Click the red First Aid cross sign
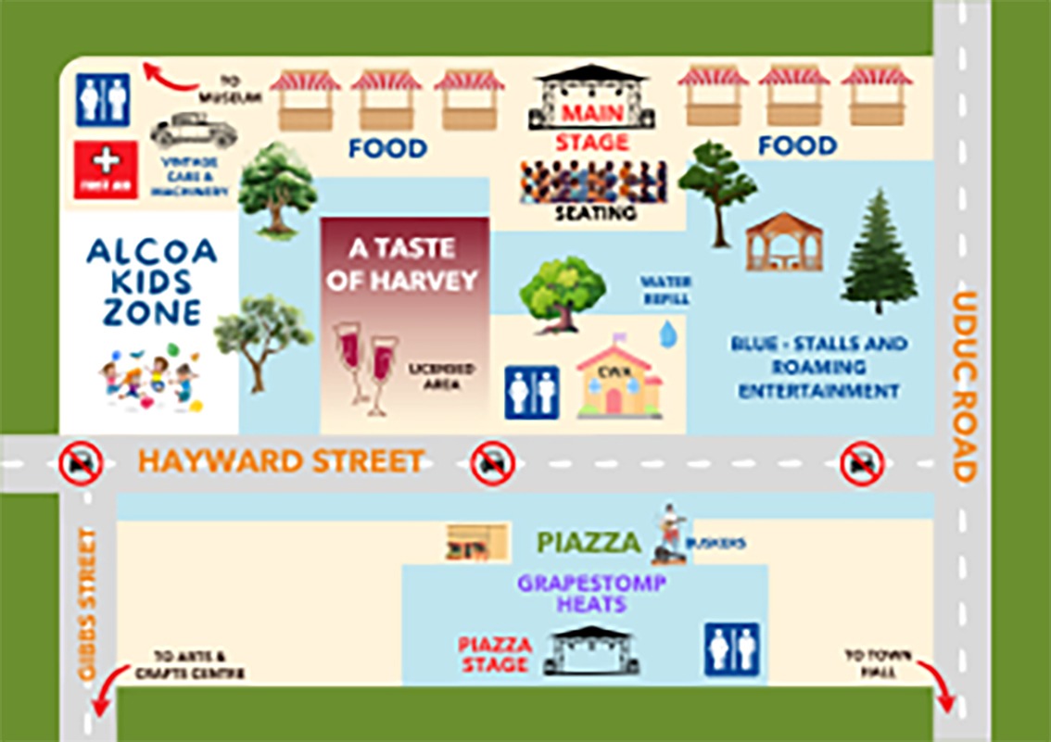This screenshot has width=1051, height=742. click(106, 169)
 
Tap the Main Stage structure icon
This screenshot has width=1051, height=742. click(591, 98)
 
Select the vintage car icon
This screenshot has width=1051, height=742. click(193, 132)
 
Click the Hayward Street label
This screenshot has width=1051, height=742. click(281, 460)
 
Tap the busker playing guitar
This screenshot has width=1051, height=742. click(668, 534)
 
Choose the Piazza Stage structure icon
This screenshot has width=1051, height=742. click(590, 650)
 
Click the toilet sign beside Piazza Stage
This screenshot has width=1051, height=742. click(731, 649)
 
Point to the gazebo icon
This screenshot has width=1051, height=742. click(783, 242)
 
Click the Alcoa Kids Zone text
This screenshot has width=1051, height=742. click(152, 282)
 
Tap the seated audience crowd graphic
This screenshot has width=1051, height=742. click(593, 182)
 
